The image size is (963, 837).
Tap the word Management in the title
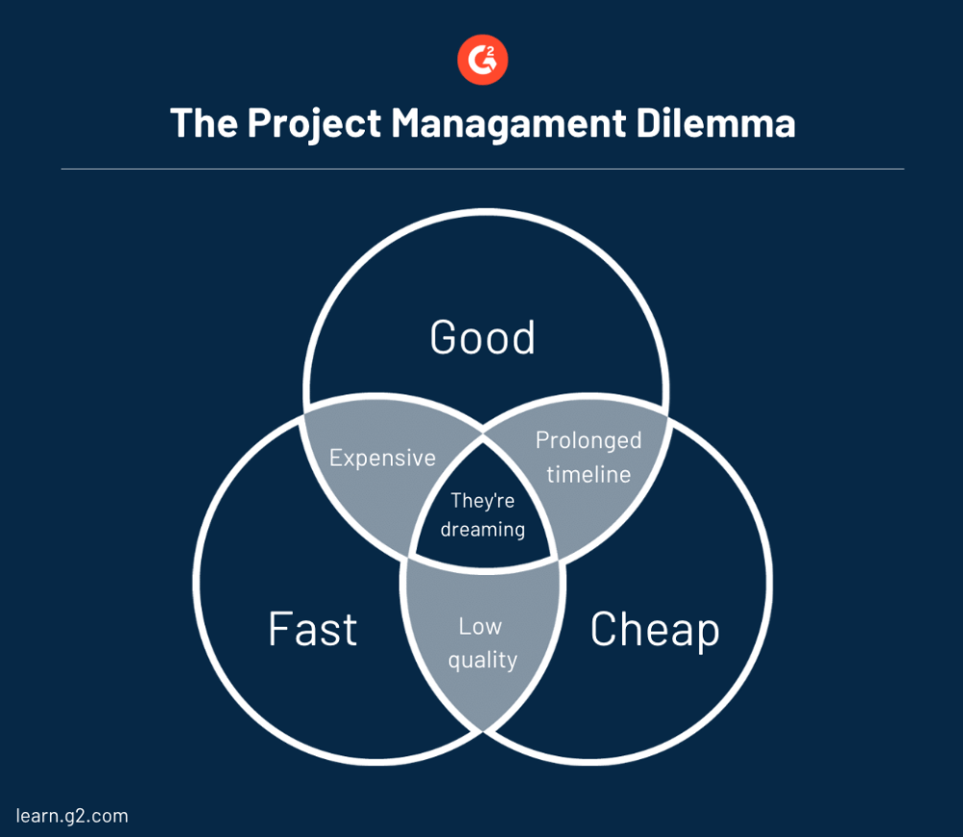tap(515, 123)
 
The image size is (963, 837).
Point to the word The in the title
tap(203, 123)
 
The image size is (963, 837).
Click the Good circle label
tap(482, 337)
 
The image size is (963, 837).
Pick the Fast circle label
tap(313, 629)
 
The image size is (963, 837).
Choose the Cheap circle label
tap(655, 629)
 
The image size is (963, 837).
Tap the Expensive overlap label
tap(382, 458)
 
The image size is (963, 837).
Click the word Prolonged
tap(588, 440)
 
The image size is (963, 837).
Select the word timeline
tap(588, 474)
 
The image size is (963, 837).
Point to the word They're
tap(482, 501)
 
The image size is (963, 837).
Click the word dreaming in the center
tap(482, 529)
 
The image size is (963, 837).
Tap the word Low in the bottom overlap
tap(481, 626)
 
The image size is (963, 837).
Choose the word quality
tap(482, 660)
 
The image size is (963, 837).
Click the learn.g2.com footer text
tap(72, 816)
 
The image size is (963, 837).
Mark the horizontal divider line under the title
tap(482, 170)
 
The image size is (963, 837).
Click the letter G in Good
tap(443, 337)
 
